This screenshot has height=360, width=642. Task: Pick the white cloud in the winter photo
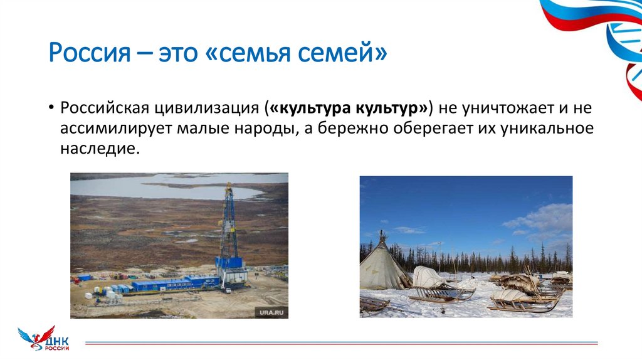(539, 220)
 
